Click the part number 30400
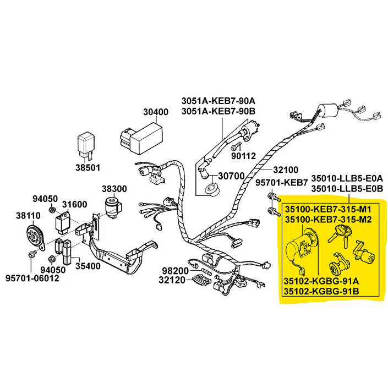pyautogui.click(x=156, y=112)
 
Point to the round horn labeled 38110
pyautogui.click(x=35, y=237)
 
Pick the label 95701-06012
pyautogui.click(x=32, y=278)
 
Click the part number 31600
pyautogui.click(x=74, y=205)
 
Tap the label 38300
pyautogui.click(x=114, y=188)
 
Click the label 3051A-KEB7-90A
pyautogui.click(x=220, y=101)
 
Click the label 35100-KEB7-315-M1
pyautogui.click(x=328, y=210)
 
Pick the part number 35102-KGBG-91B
pyautogui.click(x=321, y=291)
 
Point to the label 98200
pyautogui.click(x=174, y=270)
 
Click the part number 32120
pyautogui.click(x=174, y=281)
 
